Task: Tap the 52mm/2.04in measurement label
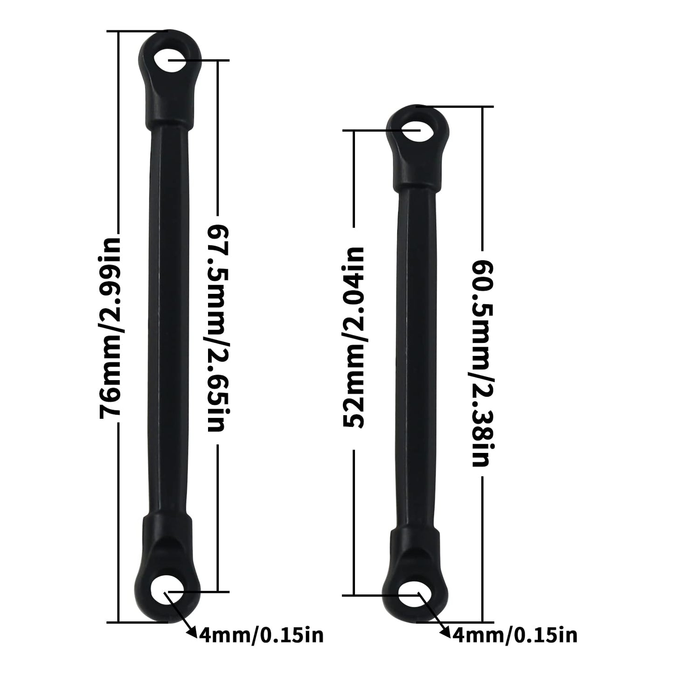click(354, 337)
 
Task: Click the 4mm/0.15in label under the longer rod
click(261, 635)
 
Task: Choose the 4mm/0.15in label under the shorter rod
click(515, 635)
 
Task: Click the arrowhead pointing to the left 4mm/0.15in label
click(192, 631)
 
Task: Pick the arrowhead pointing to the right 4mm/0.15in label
click(446, 632)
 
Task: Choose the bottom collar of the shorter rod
click(415, 543)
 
